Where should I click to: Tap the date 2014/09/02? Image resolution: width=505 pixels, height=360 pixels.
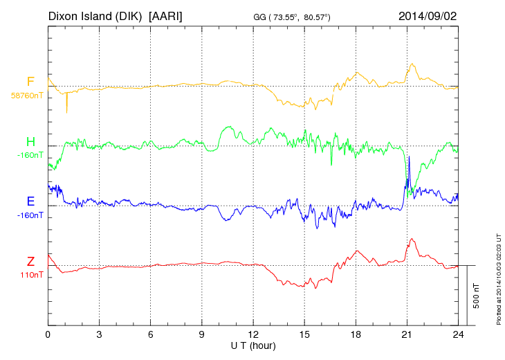tap(428, 15)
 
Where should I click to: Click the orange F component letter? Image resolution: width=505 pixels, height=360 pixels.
tap(30, 82)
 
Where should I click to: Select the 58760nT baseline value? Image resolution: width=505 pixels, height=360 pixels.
tap(26, 96)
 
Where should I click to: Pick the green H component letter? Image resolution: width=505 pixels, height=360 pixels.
tap(30, 142)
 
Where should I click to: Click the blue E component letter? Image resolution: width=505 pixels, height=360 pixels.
tap(30, 202)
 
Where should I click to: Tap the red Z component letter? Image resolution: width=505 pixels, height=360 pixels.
tap(30, 262)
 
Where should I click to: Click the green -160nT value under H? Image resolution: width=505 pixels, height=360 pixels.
tap(30, 155)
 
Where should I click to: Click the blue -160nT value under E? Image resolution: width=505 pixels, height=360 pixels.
tap(30, 215)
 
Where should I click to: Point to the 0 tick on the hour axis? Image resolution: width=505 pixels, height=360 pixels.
tap(48, 335)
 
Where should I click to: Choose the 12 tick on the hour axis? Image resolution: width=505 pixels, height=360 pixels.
tap(253, 335)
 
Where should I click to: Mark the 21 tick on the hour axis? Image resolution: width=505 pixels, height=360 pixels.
tap(407, 335)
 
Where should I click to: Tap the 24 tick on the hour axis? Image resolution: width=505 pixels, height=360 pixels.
tap(459, 335)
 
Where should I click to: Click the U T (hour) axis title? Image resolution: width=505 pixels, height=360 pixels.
tap(253, 345)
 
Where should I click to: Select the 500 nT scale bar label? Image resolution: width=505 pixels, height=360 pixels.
tap(477, 296)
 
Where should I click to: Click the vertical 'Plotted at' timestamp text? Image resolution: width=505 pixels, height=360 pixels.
tap(498, 278)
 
